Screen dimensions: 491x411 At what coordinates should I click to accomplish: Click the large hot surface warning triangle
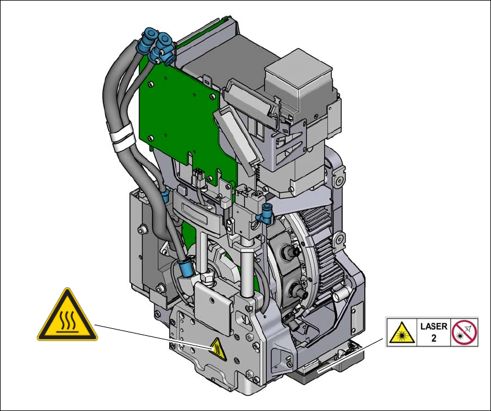point(68,316)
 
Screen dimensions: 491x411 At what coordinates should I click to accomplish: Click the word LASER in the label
point(434,327)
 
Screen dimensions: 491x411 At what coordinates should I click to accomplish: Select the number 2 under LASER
point(434,338)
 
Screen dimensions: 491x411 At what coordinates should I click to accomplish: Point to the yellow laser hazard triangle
point(402,334)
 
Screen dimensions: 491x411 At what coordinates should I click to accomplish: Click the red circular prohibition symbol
point(464,332)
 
